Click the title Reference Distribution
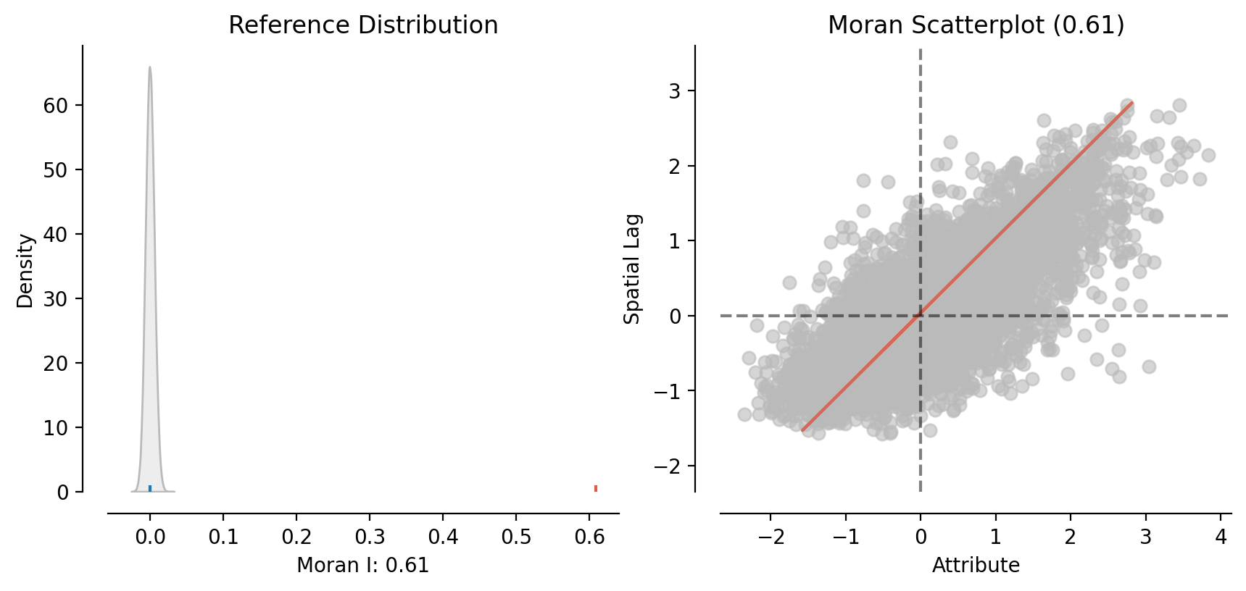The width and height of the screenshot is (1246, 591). coord(363,25)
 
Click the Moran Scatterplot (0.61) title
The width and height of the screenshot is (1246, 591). coord(976,25)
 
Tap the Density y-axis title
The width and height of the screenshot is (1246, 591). coord(25,270)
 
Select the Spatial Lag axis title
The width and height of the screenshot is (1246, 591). coord(632,269)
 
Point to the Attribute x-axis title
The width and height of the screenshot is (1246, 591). coord(976,565)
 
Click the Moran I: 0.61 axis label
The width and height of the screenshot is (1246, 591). coord(363,565)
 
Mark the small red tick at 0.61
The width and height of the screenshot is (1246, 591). coord(596,488)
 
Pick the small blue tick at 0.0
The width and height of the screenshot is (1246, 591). coord(150,488)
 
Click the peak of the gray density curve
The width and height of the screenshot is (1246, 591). coord(150,67)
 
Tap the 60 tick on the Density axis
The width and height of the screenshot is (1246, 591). coord(55,106)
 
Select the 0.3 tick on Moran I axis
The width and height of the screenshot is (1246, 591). coord(370,537)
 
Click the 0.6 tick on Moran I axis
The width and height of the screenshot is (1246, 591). coord(589,537)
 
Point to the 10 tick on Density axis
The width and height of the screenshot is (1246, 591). coord(55,428)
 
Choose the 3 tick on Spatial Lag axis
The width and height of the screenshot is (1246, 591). coord(676,91)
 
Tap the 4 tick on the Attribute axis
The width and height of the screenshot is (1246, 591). coord(1221,537)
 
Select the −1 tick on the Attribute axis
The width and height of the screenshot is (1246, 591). coord(845,537)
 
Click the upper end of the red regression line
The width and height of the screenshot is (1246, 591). coord(1132,103)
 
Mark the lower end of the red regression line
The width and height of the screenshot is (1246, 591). coord(802,430)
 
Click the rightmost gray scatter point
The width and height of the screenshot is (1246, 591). coord(1208,155)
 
